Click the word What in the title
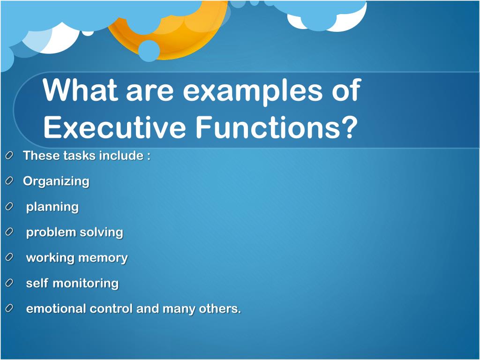80,90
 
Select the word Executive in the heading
115,127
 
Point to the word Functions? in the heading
277,127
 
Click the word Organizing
56,181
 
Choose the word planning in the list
52,207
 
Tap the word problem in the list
51,232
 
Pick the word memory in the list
103,258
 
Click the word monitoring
86,283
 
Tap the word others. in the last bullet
220,308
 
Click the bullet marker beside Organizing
9,181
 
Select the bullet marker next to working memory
9,257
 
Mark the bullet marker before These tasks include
9,156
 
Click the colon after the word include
149,156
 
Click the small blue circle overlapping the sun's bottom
149,51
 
